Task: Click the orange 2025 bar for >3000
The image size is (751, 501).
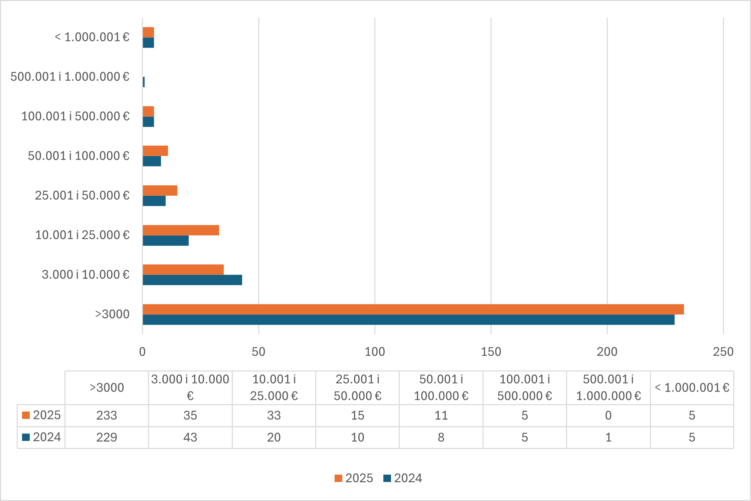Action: [413, 309]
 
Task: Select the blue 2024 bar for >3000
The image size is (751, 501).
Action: [408, 320]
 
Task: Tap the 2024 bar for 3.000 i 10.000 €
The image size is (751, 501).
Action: [192, 280]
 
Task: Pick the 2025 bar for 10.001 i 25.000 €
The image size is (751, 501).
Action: [181, 230]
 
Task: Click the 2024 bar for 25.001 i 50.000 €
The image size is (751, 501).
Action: [154, 201]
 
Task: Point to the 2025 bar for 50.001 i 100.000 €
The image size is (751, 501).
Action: [155, 151]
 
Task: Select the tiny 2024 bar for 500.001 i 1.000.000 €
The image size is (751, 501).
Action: [144, 82]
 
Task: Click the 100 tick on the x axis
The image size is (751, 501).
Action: [375, 352]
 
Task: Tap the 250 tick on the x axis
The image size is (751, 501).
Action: [723, 352]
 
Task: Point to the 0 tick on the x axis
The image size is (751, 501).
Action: [142, 352]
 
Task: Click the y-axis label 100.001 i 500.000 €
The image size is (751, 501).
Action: [75, 116]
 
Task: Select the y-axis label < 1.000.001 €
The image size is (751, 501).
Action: [92, 37]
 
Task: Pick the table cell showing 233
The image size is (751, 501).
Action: [107, 416]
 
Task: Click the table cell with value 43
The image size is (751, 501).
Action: [190, 438]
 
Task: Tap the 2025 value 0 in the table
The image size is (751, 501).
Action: [608, 416]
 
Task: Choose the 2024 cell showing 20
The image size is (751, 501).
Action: [274, 438]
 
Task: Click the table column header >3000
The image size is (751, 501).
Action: [107, 388]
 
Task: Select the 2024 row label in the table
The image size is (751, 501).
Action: [42, 437]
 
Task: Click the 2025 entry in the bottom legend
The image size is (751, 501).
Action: [354, 478]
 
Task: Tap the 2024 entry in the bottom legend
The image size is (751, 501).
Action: [403, 478]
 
